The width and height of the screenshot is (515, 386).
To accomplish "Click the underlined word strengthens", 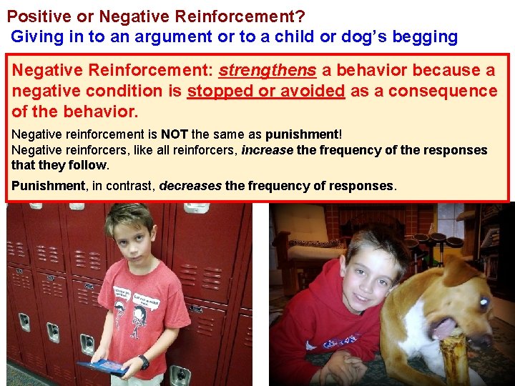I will click(267, 71).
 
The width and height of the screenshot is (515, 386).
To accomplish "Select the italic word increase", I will click(267, 150).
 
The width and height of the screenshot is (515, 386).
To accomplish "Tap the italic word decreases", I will click(190, 186).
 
